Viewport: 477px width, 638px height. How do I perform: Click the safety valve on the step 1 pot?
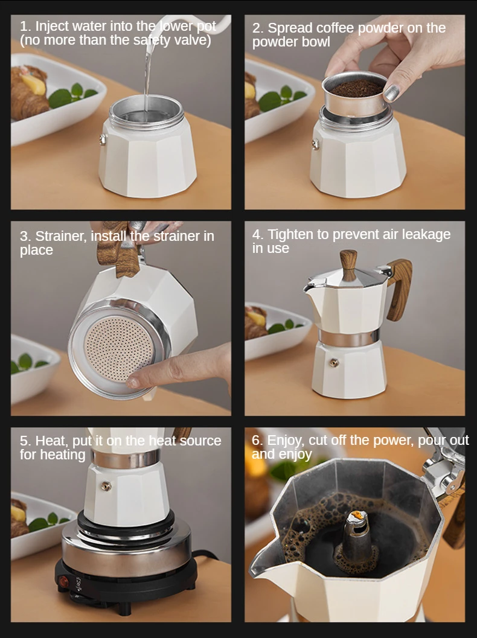103,139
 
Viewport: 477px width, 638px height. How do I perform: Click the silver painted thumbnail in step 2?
391,93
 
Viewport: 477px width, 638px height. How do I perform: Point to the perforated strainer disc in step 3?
118,349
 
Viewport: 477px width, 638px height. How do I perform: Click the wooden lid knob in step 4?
348,264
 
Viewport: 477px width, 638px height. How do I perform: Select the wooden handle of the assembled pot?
399,289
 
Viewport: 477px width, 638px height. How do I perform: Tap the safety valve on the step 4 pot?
334,362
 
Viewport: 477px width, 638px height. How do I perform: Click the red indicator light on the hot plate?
64,581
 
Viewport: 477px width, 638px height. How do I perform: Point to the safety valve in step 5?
106,486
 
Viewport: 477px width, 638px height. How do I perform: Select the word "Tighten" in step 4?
290,235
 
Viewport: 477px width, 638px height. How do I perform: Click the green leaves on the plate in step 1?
72,95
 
